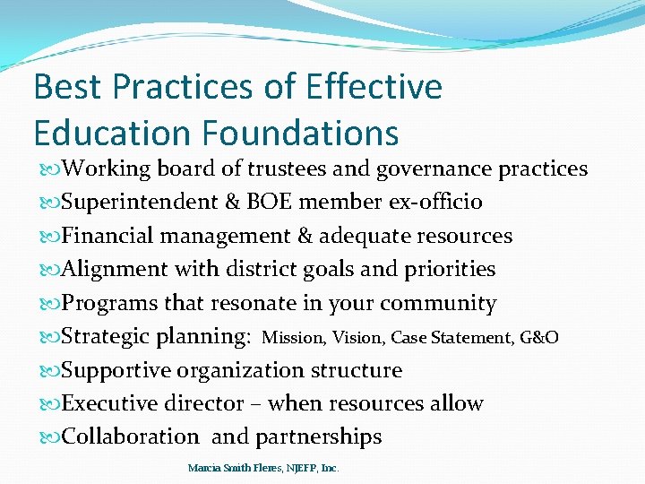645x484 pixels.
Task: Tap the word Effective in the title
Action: coord(374,88)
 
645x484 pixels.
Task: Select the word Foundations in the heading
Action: coord(300,133)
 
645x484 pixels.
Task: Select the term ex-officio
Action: coord(437,203)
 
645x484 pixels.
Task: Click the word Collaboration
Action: coord(131,437)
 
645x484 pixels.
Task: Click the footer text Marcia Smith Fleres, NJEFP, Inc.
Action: coord(263,468)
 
